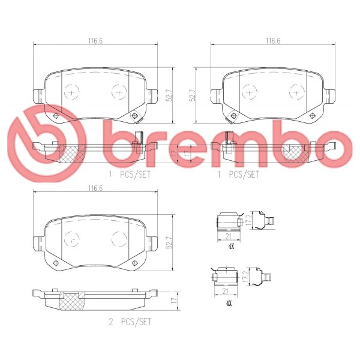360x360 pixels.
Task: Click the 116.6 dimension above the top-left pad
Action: pos(95,41)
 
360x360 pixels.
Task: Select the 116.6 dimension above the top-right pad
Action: pos(273,41)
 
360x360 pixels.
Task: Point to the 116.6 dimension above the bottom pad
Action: pos(95,188)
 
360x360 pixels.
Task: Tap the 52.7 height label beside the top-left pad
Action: pos(170,95)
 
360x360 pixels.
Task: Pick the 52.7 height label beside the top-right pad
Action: pos(192,95)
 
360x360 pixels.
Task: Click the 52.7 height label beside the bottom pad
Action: pos(170,242)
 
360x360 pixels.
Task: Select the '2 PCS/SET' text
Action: pos(130,322)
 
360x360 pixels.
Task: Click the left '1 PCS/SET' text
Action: pos(130,174)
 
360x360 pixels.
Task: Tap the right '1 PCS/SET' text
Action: pos(238,174)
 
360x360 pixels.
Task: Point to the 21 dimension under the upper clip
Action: pos(228,236)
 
